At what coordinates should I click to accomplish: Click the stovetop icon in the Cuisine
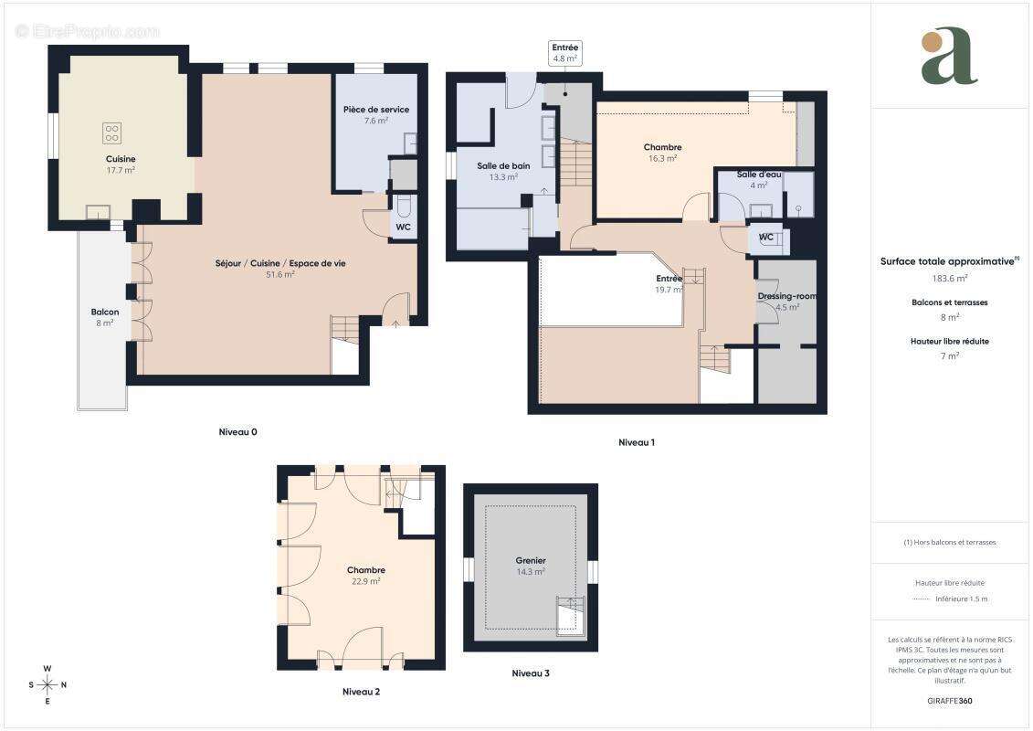coord(111,133)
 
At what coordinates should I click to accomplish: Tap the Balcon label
coord(105,312)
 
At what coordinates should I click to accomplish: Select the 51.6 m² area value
coord(279,274)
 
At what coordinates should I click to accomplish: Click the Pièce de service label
coord(376,110)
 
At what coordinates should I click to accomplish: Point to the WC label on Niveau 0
coord(403,227)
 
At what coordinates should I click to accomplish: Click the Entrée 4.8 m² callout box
coord(565,53)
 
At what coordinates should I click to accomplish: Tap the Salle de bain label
coord(503,165)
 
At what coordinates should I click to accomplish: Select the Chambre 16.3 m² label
coord(662,147)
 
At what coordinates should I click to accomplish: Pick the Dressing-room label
coord(786,296)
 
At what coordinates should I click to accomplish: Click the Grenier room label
coord(530,560)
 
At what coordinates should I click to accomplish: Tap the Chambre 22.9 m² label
coord(366,569)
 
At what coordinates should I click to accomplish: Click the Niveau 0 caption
coord(237,431)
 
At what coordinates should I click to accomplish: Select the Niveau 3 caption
coord(531,673)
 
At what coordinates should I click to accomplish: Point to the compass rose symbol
coord(47,684)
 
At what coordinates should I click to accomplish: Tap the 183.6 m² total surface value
coord(949,278)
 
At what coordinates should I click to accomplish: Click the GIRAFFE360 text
coord(949,701)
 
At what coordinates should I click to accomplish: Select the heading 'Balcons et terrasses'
coord(949,302)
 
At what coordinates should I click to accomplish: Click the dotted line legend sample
coord(921,599)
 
